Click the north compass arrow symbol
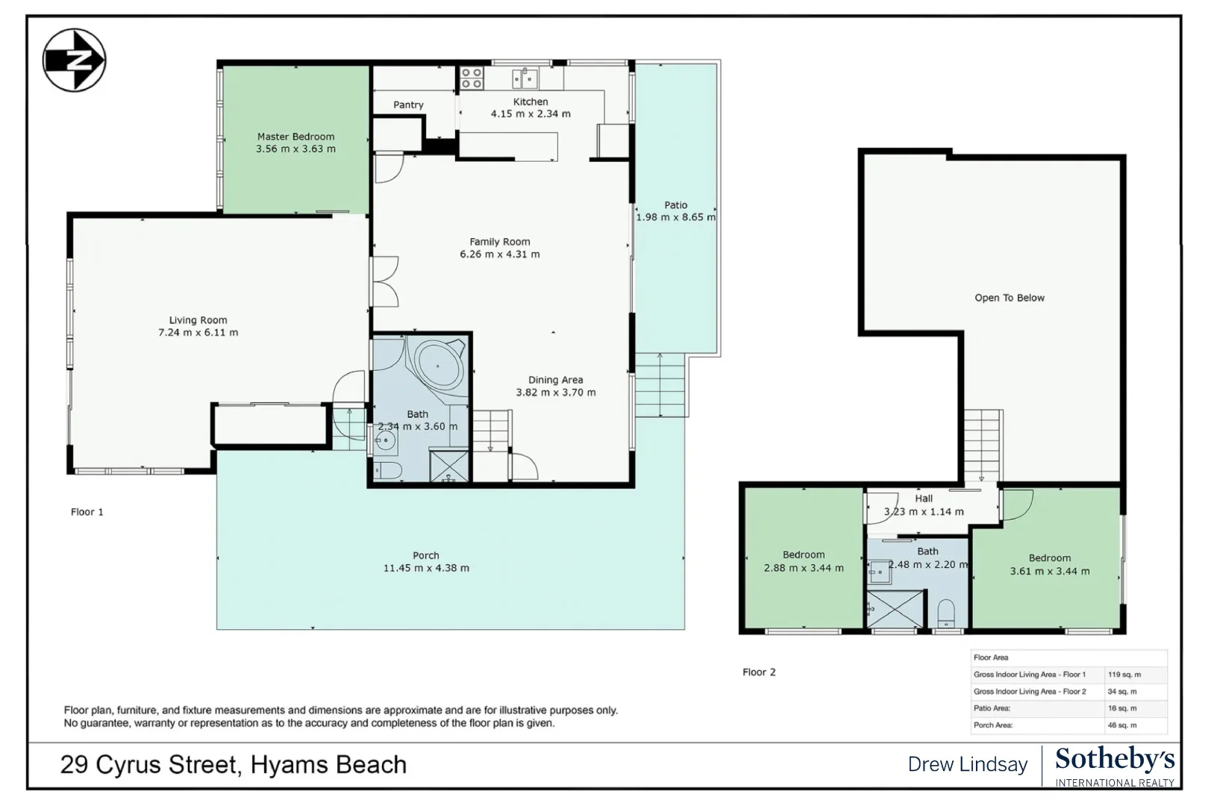(x=74, y=60)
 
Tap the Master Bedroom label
(x=295, y=137)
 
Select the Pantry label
(x=408, y=105)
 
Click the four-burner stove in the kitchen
(x=471, y=78)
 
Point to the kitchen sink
(x=525, y=78)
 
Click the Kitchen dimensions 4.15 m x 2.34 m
(x=531, y=114)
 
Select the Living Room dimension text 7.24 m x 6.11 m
(x=198, y=333)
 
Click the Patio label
(x=676, y=205)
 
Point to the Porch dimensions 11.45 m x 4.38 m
(x=426, y=568)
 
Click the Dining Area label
(x=556, y=380)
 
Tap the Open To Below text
(x=1009, y=298)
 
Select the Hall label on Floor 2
(x=924, y=499)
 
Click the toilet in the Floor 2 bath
(x=946, y=613)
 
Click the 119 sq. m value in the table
(x=1124, y=675)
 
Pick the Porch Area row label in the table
(x=992, y=725)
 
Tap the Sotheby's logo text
(x=1115, y=760)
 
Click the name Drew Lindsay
(x=967, y=765)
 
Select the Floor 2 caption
(x=759, y=672)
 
